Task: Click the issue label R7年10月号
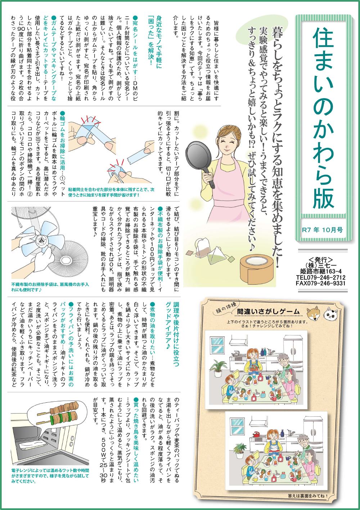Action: coord(322,230)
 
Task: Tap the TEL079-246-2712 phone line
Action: coord(321,277)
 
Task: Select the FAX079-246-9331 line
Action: coord(321,283)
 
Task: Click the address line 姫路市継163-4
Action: coord(321,272)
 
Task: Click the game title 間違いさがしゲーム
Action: coord(268,311)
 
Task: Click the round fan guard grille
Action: coord(71,259)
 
